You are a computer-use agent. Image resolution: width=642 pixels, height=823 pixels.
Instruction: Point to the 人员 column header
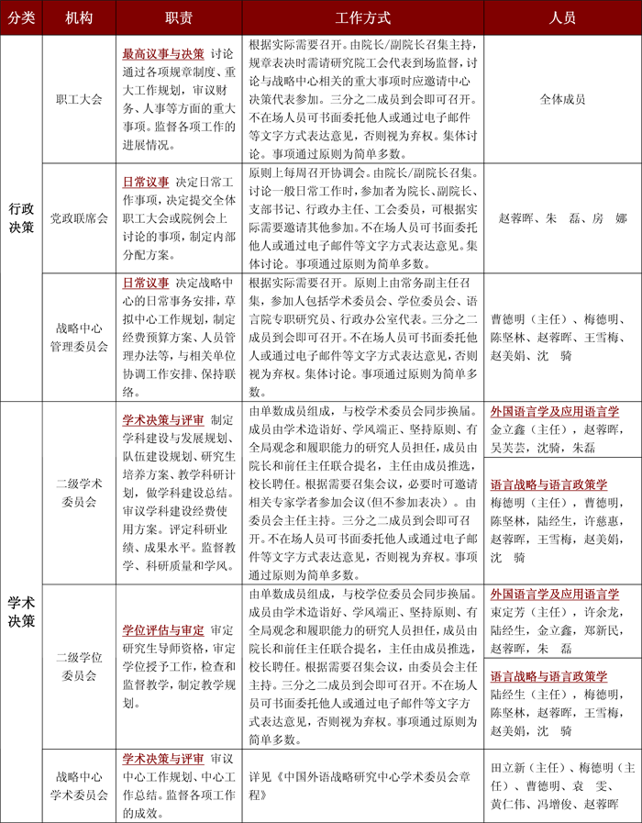[x=561, y=17]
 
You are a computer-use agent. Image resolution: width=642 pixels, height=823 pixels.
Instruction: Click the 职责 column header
[x=179, y=17]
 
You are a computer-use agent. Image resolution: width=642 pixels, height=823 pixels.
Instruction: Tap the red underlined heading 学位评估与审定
[x=163, y=630]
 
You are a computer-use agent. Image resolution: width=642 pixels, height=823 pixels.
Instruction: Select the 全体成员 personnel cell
[x=561, y=99]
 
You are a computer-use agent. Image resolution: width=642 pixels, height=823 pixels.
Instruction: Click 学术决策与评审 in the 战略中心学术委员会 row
[x=163, y=759]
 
